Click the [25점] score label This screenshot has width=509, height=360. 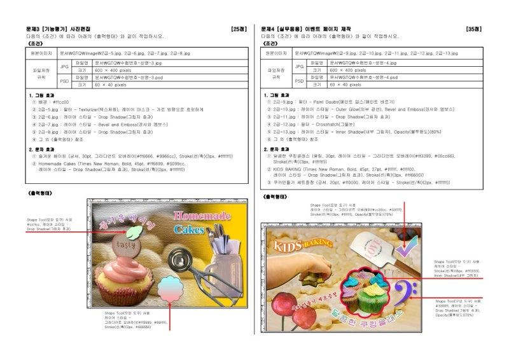click(x=239, y=29)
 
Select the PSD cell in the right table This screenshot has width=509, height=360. click(x=299, y=80)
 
